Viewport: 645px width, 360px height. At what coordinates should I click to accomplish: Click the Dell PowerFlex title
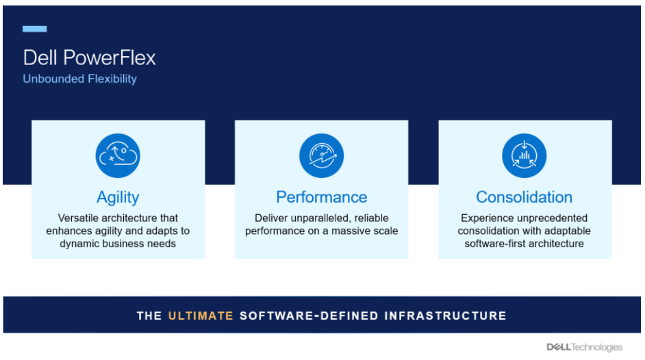[x=89, y=57]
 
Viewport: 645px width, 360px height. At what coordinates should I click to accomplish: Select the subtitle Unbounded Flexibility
[x=79, y=79]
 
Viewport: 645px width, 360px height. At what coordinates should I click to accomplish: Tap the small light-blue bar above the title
[x=35, y=29]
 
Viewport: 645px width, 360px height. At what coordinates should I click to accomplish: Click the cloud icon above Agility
[x=118, y=155]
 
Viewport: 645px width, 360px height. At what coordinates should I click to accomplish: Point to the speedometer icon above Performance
[x=321, y=155]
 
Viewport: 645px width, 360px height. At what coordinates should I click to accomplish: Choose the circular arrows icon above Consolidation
[x=524, y=155]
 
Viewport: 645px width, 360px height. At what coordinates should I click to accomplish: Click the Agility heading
[x=118, y=197]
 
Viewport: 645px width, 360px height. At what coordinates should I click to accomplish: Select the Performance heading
[x=321, y=197]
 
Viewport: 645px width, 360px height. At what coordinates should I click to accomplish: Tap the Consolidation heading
[x=524, y=197]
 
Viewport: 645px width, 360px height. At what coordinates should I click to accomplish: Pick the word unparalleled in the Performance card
[x=330, y=218]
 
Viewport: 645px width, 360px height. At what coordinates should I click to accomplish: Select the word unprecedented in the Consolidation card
[x=546, y=218]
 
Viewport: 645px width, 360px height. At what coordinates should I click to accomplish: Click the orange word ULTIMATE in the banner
[x=201, y=316]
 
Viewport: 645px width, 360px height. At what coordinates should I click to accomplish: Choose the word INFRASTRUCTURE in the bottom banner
[x=445, y=316]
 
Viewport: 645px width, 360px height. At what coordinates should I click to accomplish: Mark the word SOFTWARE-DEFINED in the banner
[x=309, y=316]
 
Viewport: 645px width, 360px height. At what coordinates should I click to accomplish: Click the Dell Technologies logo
[x=584, y=347]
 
